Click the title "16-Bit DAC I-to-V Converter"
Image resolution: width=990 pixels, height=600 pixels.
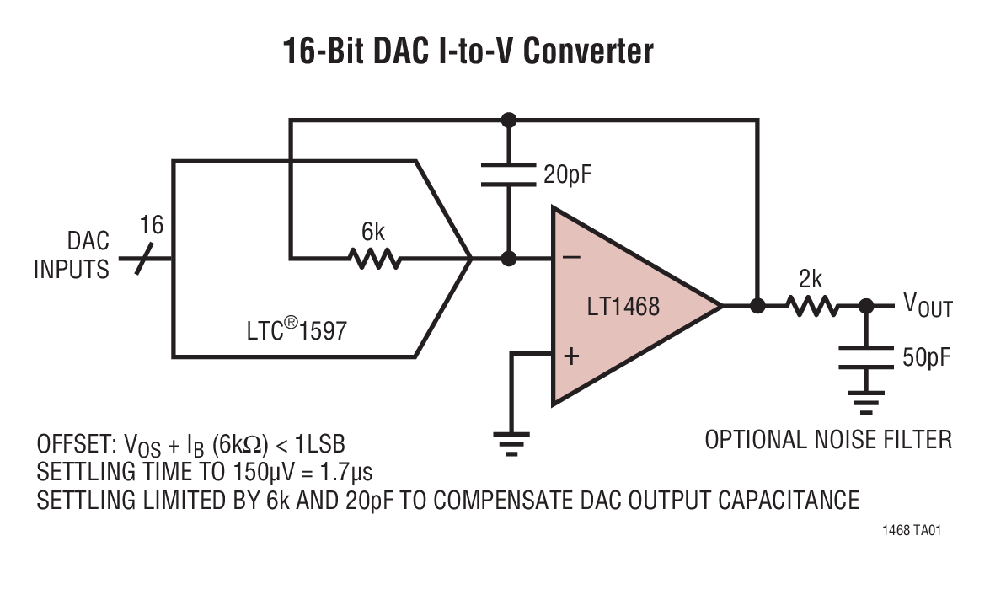coord(468,51)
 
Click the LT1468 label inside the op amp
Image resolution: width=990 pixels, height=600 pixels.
coord(623,306)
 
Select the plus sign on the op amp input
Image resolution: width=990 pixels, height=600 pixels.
coord(571,356)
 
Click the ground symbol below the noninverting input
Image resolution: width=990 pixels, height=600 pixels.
coord(511,443)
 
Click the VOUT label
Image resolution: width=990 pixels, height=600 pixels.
coord(928,305)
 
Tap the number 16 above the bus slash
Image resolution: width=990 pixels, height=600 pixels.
coord(152,226)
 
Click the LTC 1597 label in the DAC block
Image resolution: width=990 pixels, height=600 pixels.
coord(296,330)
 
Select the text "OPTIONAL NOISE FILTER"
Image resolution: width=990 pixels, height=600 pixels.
coord(828,439)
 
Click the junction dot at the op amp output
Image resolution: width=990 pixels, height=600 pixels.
coord(757,305)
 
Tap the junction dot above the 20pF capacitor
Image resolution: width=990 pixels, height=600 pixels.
coord(508,121)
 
